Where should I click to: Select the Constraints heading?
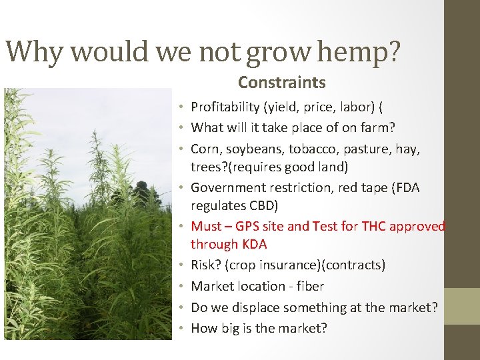[281, 83]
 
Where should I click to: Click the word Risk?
[203, 265]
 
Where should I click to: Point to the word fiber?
[309, 286]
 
